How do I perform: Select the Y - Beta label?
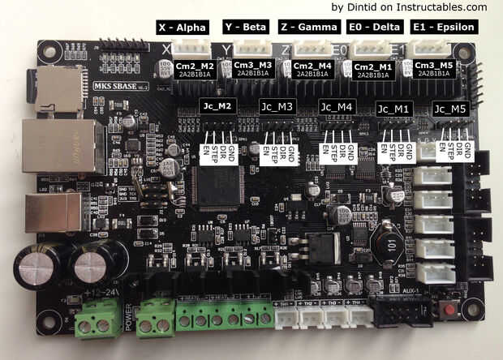pos(244,28)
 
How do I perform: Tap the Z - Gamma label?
pos(309,28)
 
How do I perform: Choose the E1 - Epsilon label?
pos(442,28)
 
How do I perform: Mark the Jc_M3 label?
pos(277,107)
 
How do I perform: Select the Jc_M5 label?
pos(450,108)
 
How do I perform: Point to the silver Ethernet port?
pos(51,146)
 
